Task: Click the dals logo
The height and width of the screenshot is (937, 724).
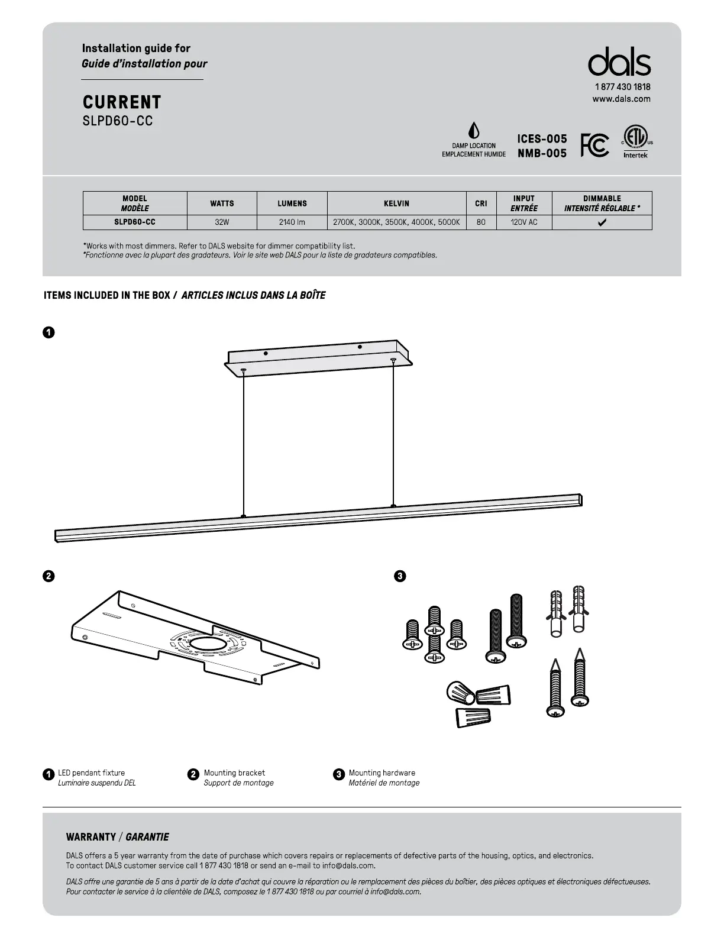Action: pyautogui.click(x=619, y=62)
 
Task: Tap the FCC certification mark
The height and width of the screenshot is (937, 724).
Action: pyautogui.click(x=594, y=145)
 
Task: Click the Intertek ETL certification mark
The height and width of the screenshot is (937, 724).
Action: pyautogui.click(x=636, y=142)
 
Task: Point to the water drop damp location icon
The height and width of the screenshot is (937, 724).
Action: pyautogui.click(x=473, y=131)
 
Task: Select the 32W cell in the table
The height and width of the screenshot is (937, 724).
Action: pyautogui.click(x=222, y=222)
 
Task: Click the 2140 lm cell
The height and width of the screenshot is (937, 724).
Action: pyautogui.click(x=292, y=222)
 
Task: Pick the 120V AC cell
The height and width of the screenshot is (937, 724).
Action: pyautogui.click(x=523, y=222)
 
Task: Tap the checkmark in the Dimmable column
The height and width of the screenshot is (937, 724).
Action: pyautogui.click(x=602, y=223)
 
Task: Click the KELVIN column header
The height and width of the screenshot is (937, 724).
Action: pyautogui.click(x=396, y=203)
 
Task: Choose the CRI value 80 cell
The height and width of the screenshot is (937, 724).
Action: pyautogui.click(x=481, y=222)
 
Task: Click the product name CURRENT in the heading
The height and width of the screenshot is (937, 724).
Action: pyautogui.click(x=122, y=102)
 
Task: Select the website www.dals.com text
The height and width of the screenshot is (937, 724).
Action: pyautogui.click(x=621, y=99)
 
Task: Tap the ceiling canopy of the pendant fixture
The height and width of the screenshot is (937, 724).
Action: pyautogui.click(x=319, y=358)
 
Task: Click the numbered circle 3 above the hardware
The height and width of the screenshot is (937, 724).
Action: pyautogui.click(x=399, y=576)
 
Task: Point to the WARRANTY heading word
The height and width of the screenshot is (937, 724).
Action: pyautogui.click(x=91, y=837)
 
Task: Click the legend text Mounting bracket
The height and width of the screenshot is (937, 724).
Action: pyautogui.click(x=234, y=773)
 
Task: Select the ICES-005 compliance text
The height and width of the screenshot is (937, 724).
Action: pyautogui.click(x=542, y=139)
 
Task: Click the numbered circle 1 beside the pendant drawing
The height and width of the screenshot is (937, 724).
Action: pyautogui.click(x=49, y=332)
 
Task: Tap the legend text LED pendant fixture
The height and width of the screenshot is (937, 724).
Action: pyautogui.click(x=91, y=773)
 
